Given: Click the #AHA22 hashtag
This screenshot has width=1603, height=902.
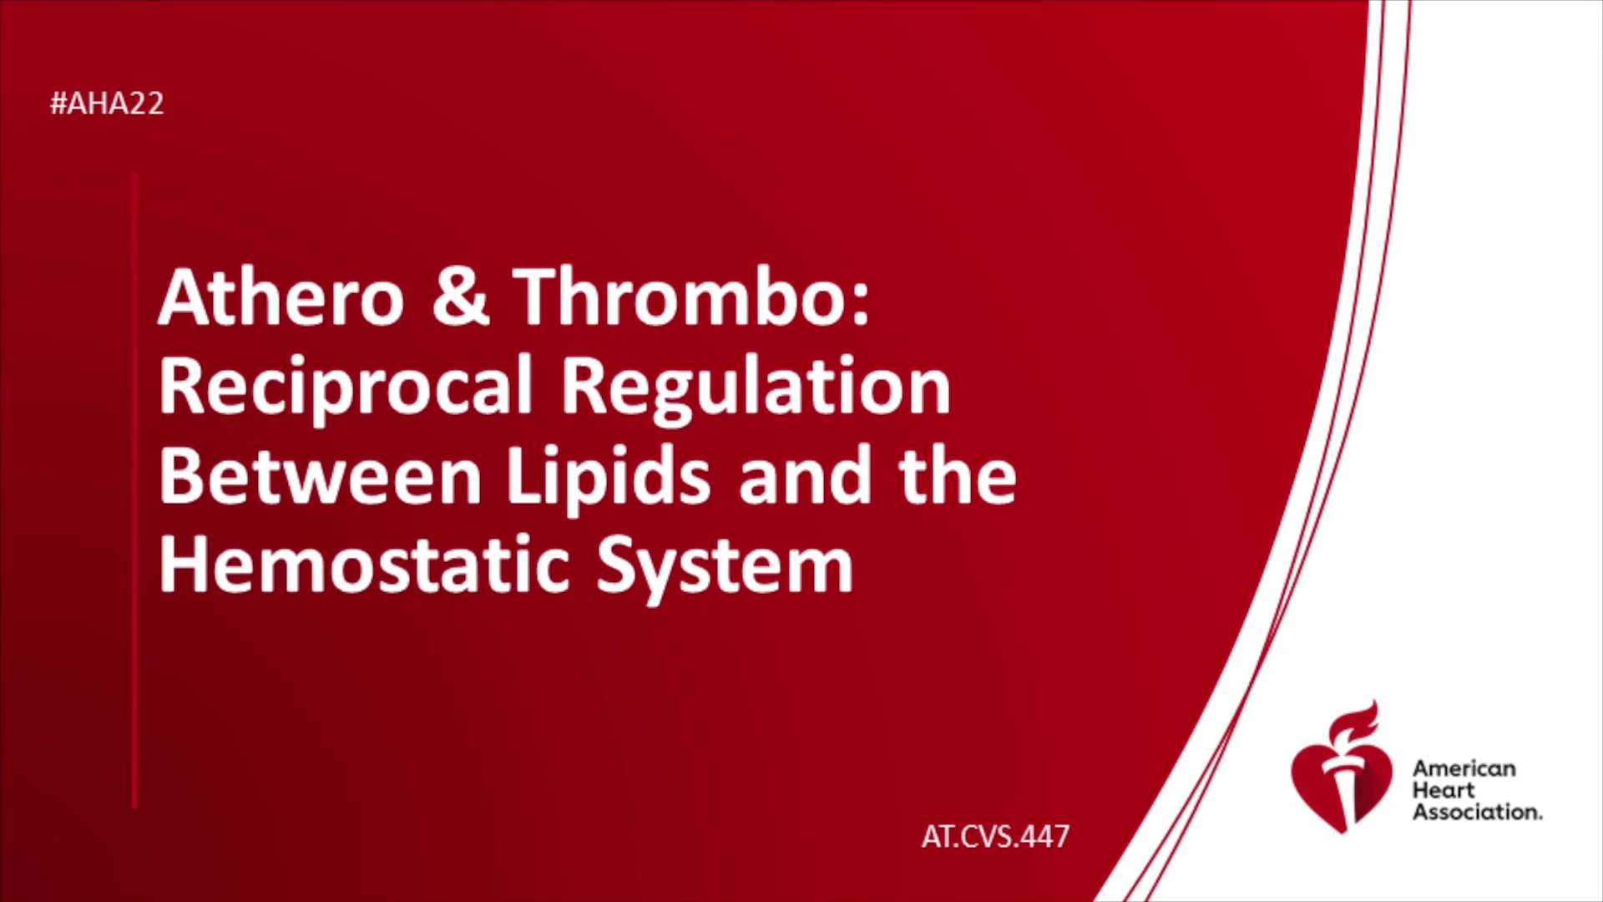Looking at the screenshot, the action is [x=107, y=104].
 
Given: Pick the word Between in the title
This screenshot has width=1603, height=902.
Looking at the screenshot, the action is [x=320, y=475].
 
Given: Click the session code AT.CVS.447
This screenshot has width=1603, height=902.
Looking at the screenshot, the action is [x=995, y=836].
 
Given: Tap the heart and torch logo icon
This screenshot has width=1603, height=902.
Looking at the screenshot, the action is [x=1341, y=767].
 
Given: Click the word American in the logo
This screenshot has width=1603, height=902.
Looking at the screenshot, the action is [x=1464, y=768].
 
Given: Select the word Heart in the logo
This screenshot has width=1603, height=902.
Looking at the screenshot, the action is [x=1444, y=790].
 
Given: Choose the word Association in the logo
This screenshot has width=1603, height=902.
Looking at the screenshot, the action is [x=1477, y=812].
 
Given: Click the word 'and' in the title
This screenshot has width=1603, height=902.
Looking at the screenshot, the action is [x=805, y=475].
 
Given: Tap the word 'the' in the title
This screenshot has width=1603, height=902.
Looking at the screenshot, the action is [x=958, y=475].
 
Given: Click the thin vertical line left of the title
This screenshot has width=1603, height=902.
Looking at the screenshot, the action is [x=134, y=490].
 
